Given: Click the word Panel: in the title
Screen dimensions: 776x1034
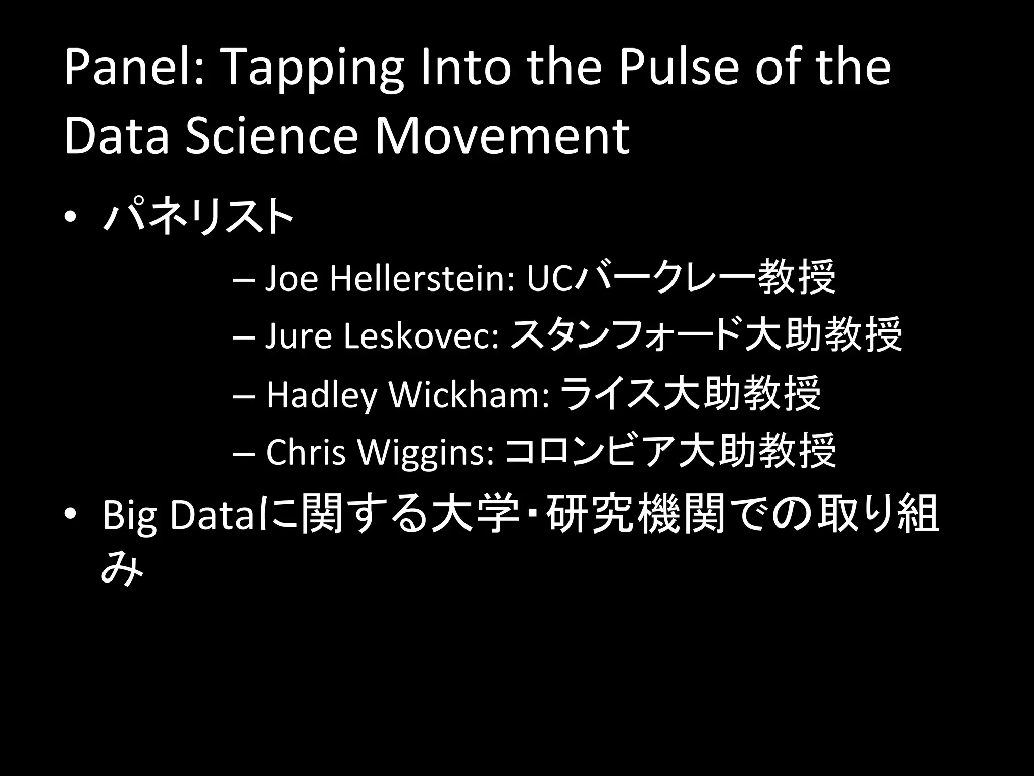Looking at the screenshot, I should [133, 68].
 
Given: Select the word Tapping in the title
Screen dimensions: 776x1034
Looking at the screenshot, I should [313, 71].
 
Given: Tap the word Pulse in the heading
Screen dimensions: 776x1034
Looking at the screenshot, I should [679, 68].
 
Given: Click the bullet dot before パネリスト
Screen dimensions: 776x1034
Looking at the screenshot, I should [71, 217].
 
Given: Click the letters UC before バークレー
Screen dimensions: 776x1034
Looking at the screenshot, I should [550, 279].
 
